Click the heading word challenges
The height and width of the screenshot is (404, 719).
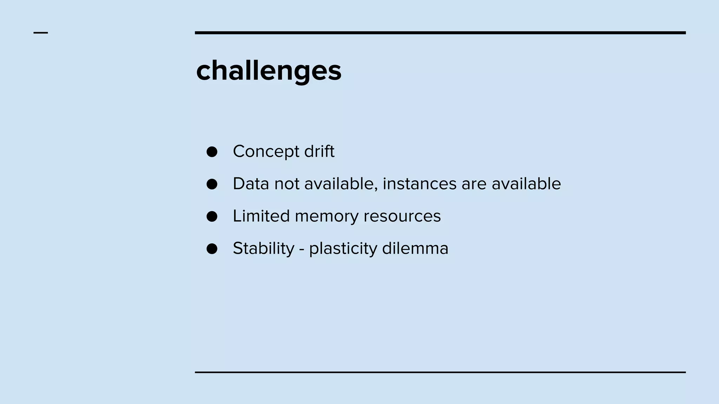tap(269, 71)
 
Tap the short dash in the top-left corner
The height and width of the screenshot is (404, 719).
tap(41, 33)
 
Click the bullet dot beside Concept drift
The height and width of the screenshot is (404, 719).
tap(212, 152)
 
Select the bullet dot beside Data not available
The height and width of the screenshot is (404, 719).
tap(212, 184)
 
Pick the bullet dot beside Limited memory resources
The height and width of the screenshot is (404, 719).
tap(212, 216)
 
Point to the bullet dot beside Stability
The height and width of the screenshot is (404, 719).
tap(212, 249)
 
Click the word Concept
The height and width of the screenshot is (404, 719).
tap(266, 152)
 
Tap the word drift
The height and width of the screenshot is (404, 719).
tap(319, 151)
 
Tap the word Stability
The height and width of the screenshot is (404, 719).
tap(264, 249)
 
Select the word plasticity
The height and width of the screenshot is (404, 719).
tap(343, 249)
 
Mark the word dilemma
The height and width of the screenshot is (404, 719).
tap(415, 248)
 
